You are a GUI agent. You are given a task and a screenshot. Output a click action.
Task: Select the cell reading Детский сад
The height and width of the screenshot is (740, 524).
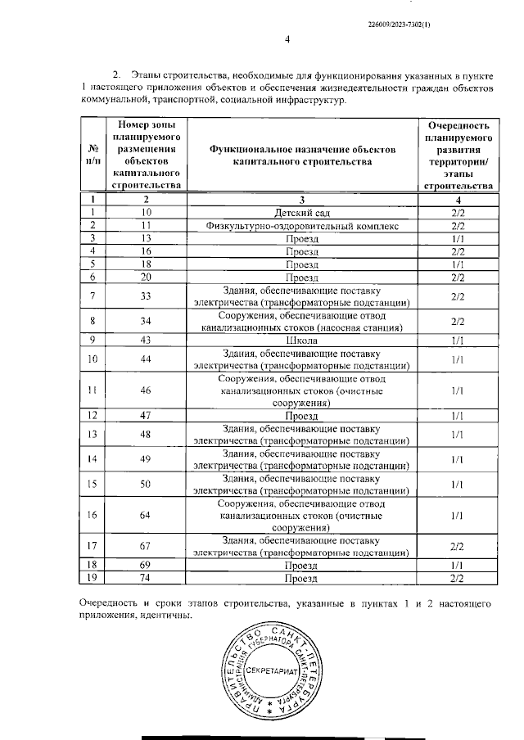click(x=301, y=212)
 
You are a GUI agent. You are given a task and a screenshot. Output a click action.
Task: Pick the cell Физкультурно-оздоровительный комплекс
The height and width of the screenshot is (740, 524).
click(x=301, y=225)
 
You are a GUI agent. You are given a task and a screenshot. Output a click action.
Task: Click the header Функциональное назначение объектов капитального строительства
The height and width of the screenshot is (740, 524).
click(x=301, y=156)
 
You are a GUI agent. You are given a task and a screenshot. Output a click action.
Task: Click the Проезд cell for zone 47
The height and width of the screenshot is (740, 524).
click(x=301, y=416)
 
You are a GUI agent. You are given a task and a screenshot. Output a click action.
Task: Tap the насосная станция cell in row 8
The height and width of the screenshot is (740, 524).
click(x=301, y=321)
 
